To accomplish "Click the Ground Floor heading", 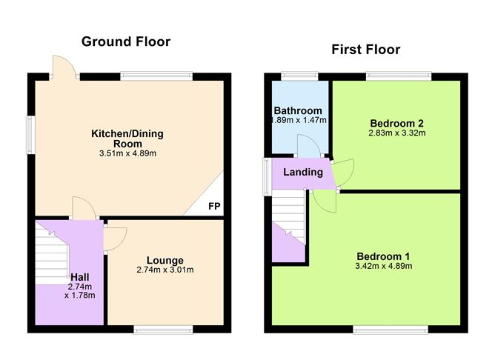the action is [126, 42].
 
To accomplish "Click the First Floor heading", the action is [366, 50].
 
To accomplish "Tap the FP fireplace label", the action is [214, 206].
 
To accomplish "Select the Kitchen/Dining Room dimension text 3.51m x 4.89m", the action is [128, 153].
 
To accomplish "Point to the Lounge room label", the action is [165, 260].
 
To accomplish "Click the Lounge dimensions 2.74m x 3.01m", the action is [165, 270].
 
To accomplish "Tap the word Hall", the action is [79, 277].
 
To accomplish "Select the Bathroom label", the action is [298, 111].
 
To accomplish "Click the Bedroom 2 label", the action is [397, 124].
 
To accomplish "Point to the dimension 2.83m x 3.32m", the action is [397, 133].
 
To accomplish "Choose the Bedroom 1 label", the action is [383, 256].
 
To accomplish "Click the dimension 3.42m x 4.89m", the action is [384, 266].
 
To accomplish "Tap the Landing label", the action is [303, 173].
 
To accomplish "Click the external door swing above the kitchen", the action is [64, 67].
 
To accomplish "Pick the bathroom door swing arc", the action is [309, 145].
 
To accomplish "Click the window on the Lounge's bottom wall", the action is [163, 330].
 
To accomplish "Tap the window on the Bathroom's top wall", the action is [300, 76].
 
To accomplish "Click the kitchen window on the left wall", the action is [30, 135].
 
